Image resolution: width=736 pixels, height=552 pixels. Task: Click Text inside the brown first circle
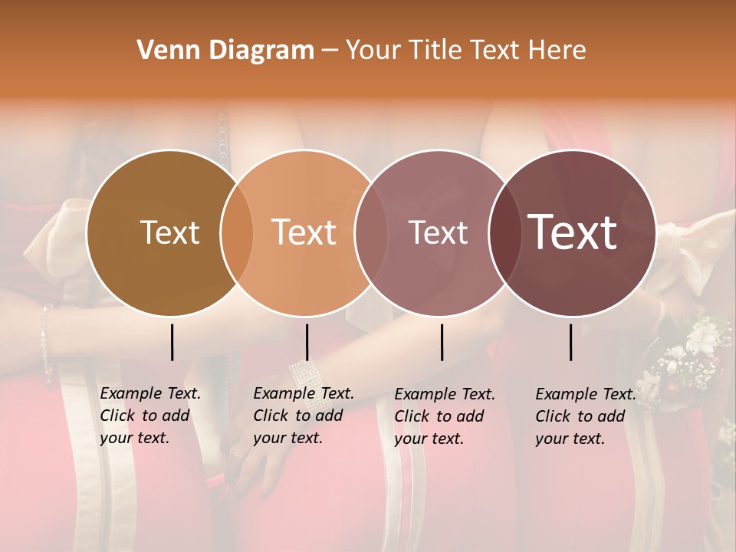pos(169,232)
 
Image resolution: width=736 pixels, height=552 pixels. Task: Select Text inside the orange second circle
pos(304,232)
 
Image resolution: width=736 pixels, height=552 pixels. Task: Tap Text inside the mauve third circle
pos(438,232)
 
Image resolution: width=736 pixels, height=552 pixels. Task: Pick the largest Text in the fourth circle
pos(573,232)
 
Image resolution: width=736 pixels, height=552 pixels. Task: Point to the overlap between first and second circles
pos(237,233)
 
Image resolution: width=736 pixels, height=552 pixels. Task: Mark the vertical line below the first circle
pos(172,342)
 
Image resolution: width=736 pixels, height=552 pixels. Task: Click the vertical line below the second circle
pos(307,342)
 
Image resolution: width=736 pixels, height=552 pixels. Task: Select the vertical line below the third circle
pos(442,342)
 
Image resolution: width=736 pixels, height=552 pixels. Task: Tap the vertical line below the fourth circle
pos(571,342)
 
